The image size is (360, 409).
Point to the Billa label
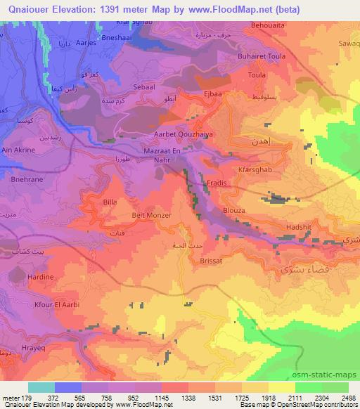tap(110, 202)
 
